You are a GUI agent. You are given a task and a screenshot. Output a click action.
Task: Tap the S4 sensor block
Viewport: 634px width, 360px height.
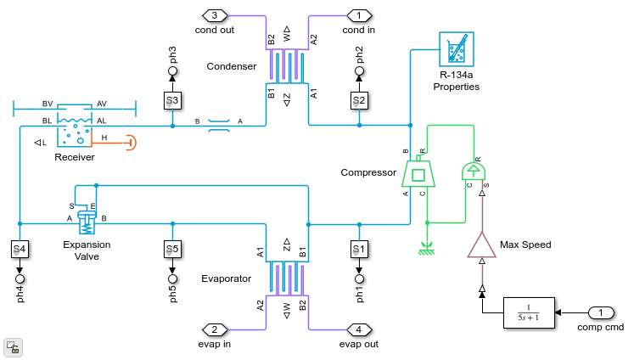coord(20,250)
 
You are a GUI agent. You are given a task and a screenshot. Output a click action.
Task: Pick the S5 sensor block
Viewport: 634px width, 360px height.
coord(172,250)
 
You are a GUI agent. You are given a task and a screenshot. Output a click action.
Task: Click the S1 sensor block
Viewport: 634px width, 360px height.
coord(359,250)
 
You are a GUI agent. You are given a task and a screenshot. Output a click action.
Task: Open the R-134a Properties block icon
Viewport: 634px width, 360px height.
coord(457,49)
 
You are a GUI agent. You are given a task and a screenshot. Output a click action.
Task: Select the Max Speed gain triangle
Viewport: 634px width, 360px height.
coord(481,245)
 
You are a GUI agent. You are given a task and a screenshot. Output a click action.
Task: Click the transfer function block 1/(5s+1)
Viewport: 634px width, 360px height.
coord(528,312)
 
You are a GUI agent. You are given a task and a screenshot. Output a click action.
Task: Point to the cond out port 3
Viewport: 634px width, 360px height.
coord(215,14)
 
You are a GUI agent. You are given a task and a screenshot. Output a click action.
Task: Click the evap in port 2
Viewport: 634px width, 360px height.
coord(215,329)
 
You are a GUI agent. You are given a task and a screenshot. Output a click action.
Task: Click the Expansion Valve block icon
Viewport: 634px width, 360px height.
coord(86,220)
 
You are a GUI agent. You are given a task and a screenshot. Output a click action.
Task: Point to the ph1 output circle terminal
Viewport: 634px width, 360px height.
coord(359,278)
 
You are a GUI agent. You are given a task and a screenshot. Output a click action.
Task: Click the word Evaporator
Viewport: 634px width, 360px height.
coord(226,278)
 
